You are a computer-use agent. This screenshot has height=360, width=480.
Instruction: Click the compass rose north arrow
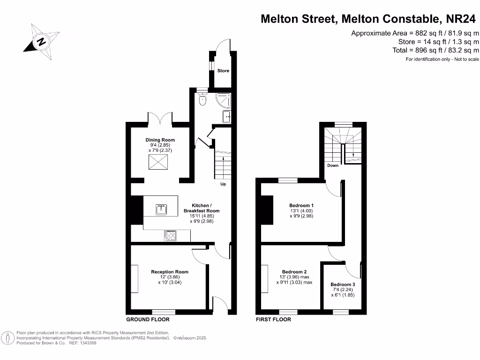pos(41,41)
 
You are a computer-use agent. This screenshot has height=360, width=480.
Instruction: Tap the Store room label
pos(223,71)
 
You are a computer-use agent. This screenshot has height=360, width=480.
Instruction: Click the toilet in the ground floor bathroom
pos(202,99)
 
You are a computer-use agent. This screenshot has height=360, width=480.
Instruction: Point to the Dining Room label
pos(159,140)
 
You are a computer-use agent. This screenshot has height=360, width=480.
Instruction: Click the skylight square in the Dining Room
pos(159,162)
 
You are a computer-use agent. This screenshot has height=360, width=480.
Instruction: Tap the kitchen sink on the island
pos(161,209)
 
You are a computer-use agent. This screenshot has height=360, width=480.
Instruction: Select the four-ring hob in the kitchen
pos(170,236)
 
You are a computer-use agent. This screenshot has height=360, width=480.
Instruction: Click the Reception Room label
pos(169,272)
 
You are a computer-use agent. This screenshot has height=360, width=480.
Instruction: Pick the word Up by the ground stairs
pos(223,184)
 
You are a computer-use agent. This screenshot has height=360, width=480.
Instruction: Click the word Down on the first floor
pos(333,165)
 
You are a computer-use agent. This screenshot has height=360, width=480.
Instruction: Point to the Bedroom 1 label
pos(301,205)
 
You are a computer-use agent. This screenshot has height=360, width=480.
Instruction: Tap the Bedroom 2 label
pos(294,272)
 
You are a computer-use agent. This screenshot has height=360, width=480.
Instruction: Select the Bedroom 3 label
pos(343,285)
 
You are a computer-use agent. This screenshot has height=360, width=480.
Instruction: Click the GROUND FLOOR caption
pos(148,320)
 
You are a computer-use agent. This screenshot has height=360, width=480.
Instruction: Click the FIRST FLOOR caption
pos(273,320)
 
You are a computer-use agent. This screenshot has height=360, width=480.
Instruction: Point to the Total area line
pos(435,50)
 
